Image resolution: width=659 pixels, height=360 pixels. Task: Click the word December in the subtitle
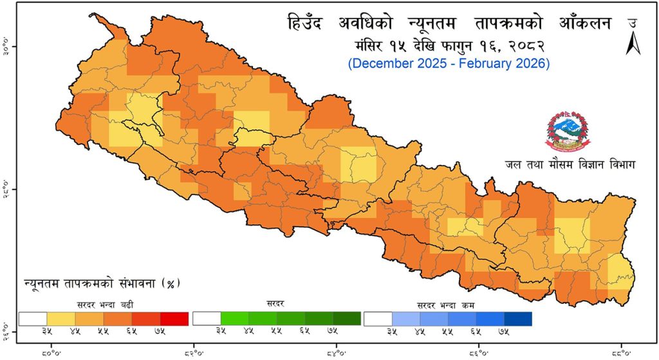(378, 64)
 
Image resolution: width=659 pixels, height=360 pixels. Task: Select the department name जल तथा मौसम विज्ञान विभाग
(570, 166)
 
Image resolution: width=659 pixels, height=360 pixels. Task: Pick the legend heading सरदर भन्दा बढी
(103, 303)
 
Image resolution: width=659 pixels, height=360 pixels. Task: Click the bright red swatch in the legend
(174, 319)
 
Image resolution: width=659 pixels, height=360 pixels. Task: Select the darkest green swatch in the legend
(347, 319)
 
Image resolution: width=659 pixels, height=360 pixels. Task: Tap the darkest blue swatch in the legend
(517, 319)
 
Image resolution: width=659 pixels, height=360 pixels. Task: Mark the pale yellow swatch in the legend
(61, 319)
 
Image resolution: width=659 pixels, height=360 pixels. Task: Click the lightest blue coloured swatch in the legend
(405, 319)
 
